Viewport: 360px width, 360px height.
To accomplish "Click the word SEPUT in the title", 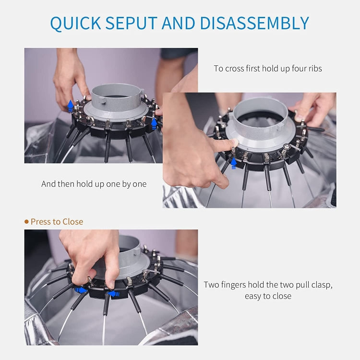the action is [132, 23].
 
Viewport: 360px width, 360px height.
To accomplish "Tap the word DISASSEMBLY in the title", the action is [254, 23].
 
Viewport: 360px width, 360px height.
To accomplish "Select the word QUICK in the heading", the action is [75, 24].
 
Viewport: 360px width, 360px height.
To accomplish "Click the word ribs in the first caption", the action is [314, 69].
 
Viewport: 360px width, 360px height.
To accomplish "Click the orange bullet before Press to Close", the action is [26, 222].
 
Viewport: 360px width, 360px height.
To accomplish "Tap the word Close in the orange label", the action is [73, 222].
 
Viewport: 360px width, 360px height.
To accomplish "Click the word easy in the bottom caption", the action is [253, 296].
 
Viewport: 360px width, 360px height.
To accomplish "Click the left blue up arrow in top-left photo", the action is [71, 106].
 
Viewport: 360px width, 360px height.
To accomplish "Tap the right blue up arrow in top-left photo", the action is [154, 124].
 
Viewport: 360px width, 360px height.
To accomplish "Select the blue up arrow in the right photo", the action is [233, 163].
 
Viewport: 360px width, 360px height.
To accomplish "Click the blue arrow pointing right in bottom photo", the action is [81, 290].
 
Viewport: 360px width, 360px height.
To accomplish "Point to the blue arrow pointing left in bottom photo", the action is [114, 294].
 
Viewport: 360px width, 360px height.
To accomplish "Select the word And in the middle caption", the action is [48, 184].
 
